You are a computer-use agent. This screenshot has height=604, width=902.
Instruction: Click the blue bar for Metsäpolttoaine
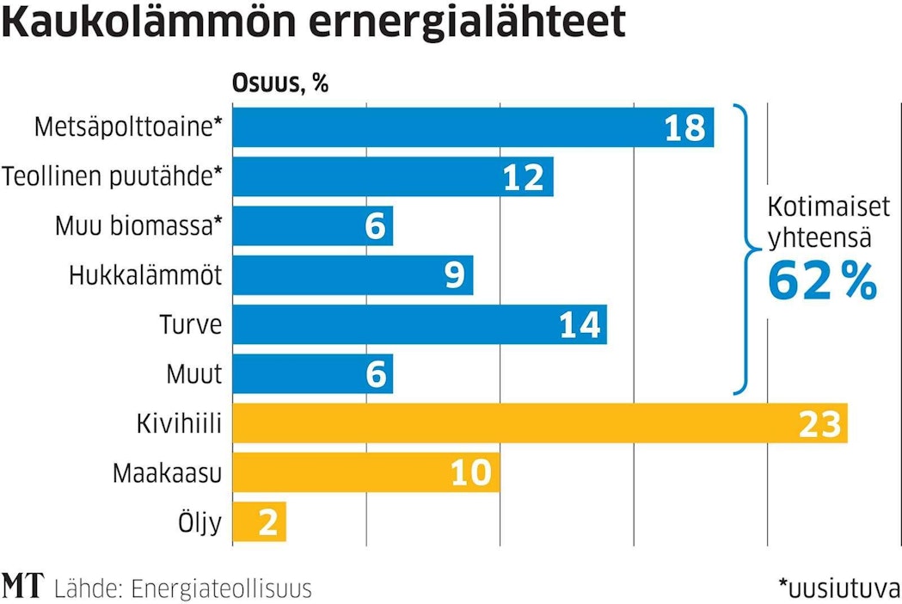447,127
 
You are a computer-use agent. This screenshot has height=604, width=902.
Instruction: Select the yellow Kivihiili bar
516,423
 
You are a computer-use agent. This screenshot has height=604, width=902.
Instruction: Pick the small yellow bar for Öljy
258,522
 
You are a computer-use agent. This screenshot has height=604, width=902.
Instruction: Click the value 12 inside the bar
524,177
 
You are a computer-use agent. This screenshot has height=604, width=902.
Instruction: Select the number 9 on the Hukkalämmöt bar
455,275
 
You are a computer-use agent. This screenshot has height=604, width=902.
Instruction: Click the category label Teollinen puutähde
112,177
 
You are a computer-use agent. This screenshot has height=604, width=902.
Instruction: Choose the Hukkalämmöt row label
145,275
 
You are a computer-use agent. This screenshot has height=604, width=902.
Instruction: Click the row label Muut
194,374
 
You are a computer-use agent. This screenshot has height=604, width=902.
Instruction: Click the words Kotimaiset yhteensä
821,222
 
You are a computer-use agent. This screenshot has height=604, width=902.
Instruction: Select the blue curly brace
746,250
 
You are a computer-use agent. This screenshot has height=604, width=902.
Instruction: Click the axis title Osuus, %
281,84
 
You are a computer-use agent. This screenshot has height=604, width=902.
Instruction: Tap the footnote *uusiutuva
838,589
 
